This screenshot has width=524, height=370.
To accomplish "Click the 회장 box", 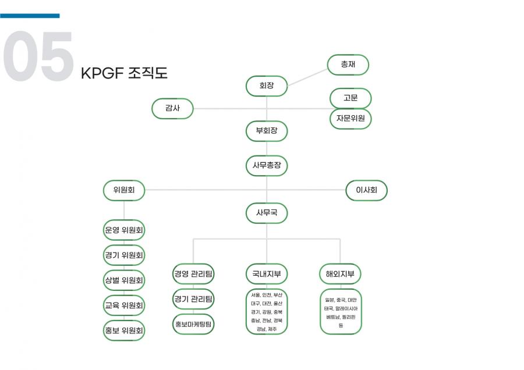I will coord(267,86).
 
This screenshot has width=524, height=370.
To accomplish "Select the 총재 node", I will coord(348,64).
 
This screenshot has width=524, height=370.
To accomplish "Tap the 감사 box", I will coord(172,108).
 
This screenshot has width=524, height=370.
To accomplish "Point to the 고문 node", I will coord(350,98).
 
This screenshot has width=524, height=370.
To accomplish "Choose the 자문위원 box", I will coord(350,118).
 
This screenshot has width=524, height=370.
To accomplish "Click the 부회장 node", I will coord(267,131).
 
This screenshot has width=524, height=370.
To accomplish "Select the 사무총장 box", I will coord(267,165).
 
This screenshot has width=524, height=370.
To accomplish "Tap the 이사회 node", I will coord(366,190).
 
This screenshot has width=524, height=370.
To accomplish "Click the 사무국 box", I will coord(267,213).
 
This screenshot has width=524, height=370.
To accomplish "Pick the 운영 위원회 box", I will coord(124,230).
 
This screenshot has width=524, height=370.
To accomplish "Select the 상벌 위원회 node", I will coord(124,280).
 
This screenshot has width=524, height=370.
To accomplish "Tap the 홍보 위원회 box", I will coord(124,330).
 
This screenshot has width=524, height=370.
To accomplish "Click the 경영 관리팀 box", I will coord(193,273).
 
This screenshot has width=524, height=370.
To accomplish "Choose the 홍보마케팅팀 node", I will coord(193,323).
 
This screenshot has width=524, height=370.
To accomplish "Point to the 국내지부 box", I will coord(267,273).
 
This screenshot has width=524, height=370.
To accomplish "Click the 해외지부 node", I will coord(341,273).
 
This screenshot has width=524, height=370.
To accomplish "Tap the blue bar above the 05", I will coord(30,16).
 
